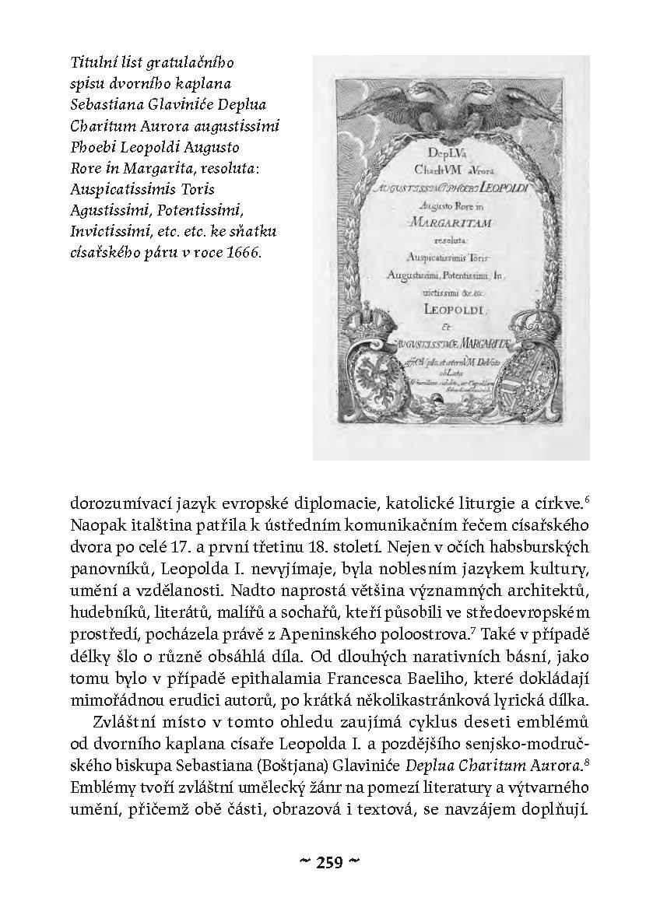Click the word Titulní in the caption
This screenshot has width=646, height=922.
85,61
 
